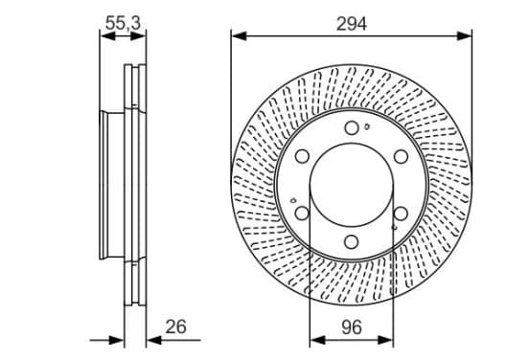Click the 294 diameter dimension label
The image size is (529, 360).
click(351, 24)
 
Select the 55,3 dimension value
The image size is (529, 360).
click(123, 24)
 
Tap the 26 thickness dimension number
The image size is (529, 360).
click(175, 326)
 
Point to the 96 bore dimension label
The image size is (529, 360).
click(351, 327)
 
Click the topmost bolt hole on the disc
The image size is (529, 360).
click(352, 127)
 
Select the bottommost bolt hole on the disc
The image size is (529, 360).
click(351, 242)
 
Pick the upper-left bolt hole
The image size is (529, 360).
click(302, 156)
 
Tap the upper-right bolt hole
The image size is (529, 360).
click(401, 156)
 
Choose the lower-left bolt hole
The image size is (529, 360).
click(302, 214)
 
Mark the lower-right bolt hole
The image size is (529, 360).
click(401, 214)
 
